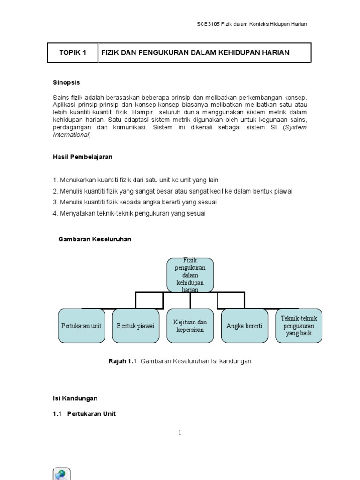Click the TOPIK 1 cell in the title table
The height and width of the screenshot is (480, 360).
click(x=73, y=52)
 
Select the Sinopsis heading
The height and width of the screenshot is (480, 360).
click(x=66, y=82)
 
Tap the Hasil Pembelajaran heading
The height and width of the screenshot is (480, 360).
click(x=82, y=157)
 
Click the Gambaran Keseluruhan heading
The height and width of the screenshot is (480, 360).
click(x=95, y=239)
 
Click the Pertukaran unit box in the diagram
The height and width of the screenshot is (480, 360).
click(x=82, y=326)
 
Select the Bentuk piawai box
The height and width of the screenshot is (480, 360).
click(x=136, y=326)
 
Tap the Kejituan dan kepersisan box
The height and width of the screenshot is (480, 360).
click(x=190, y=326)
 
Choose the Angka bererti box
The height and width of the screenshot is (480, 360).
click(x=244, y=326)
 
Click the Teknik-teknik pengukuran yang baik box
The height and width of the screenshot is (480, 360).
click(x=299, y=326)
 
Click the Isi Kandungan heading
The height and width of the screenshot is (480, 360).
click(x=75, y=398)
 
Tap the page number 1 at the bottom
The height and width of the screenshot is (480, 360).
click(x=180, y=432)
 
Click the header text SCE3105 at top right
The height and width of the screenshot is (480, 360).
click(x=209, y=24)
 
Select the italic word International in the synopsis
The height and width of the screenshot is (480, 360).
click(x=71, y=135)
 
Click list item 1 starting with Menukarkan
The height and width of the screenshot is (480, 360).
click(x=135, y=180)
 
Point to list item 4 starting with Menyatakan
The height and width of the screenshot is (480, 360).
click(x=129, y=213)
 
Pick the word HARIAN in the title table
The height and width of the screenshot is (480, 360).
click(x=276, y=52)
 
